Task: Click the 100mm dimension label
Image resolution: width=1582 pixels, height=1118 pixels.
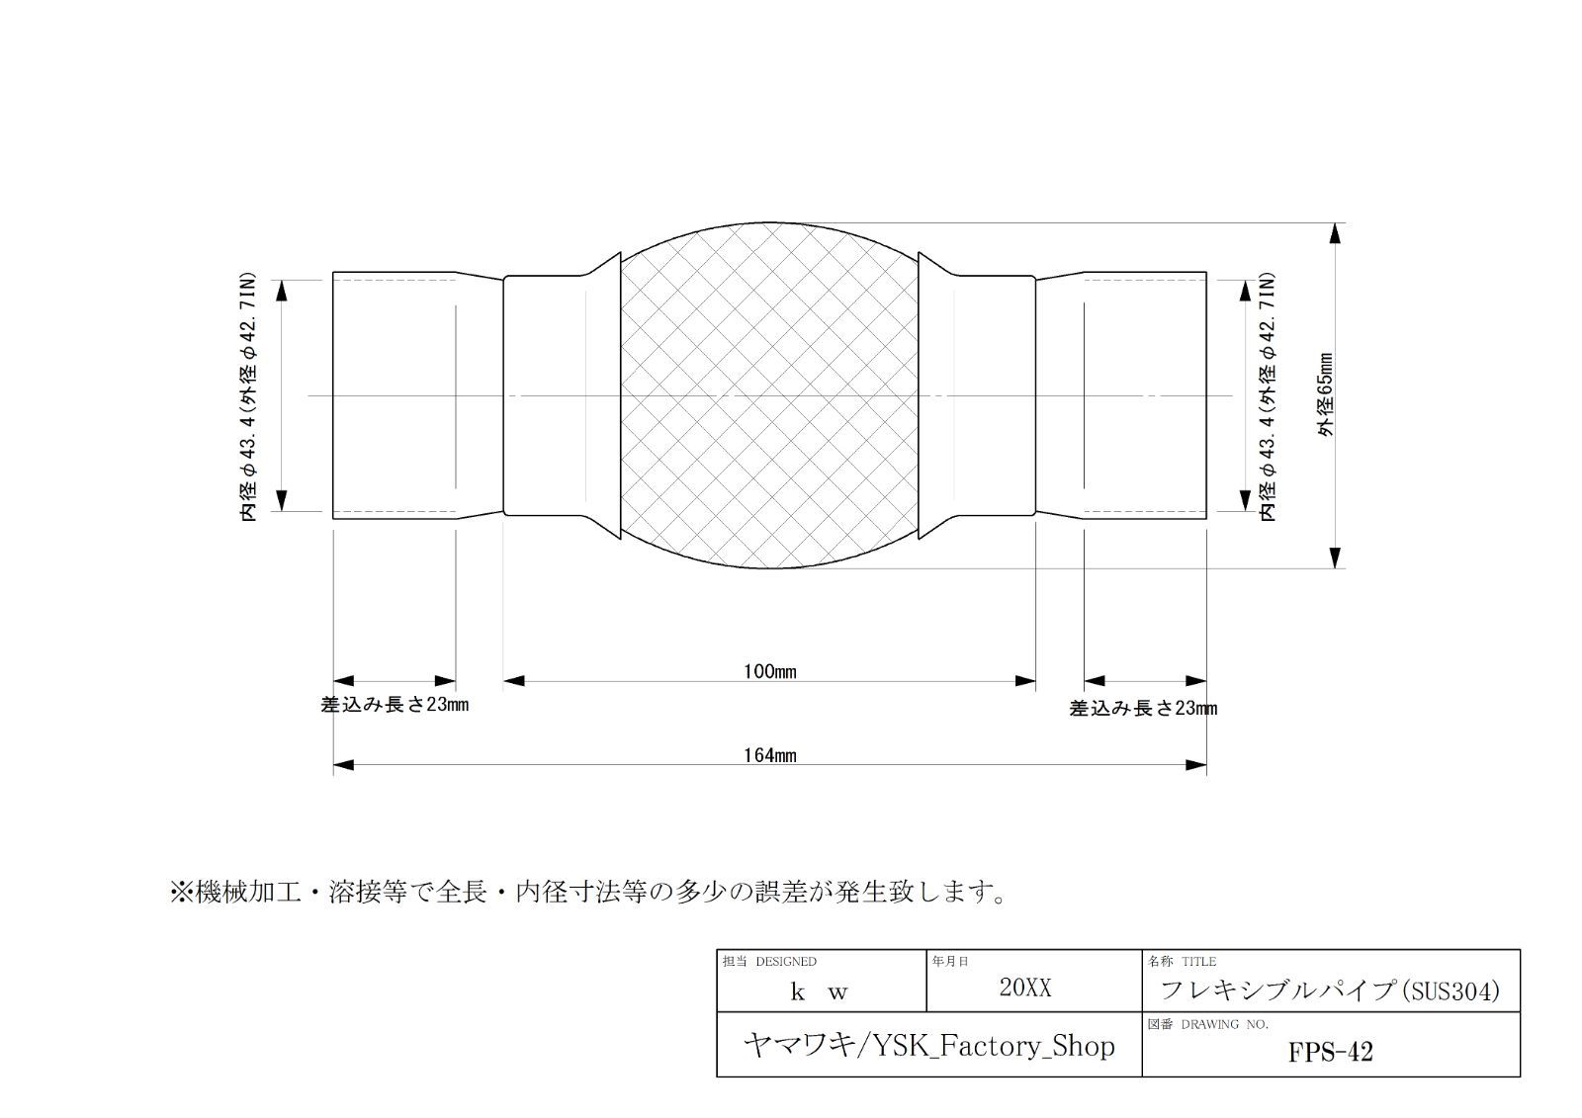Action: click(770, 671)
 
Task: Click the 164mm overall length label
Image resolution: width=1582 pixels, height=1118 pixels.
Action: click(770, 755)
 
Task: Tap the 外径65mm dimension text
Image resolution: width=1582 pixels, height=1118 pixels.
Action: click(1326, 394)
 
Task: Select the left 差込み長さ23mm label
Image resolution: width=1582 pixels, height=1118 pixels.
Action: click(395, 705)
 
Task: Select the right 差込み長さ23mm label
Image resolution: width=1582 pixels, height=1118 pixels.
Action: click(1143, 709)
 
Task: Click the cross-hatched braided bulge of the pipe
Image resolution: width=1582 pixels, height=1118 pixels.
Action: click(770, 395)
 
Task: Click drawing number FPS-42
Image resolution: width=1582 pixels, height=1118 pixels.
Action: click(1331, 1053)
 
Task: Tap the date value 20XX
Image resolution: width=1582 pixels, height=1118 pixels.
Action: click(1025, 988)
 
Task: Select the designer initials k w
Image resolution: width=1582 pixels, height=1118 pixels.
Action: click(820, 991)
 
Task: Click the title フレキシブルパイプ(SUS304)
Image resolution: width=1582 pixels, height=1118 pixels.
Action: click(1330, 990)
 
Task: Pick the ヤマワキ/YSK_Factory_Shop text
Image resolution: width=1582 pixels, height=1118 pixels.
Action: click(928, 1046)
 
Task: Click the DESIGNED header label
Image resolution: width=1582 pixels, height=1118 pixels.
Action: click(785, 961)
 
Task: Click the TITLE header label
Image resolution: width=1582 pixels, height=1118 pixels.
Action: click(1199, 961)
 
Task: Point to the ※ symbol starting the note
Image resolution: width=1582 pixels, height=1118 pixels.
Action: click(182, 892)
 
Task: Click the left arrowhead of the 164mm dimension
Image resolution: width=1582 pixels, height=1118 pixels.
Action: click(343, 765)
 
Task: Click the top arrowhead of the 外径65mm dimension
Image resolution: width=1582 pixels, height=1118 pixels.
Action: click(1335, 233)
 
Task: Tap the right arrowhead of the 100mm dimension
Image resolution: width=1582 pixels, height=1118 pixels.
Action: click(1025, 681)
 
